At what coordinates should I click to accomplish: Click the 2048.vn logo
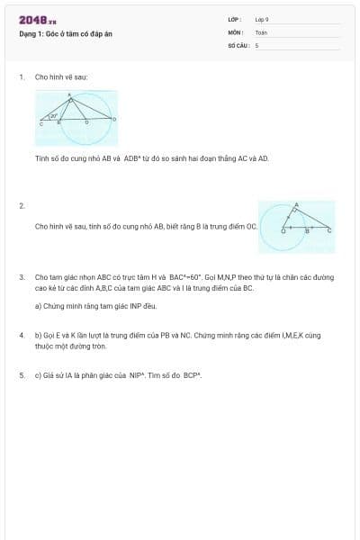[x=37, y=20]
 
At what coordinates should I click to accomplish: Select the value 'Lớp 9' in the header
[x=261, y=19]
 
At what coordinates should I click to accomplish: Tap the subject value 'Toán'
[x=261, y=32]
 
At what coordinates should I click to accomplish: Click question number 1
[x=21, y=77]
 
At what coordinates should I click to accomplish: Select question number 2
[x=21, y=206]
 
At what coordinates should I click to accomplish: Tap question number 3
[x=21, y=277]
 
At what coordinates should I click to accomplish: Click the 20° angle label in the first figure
[x=54, y=115]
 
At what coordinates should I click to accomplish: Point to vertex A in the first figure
[x=70, y=95]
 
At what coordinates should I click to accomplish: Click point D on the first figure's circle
[x=113, y=119]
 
